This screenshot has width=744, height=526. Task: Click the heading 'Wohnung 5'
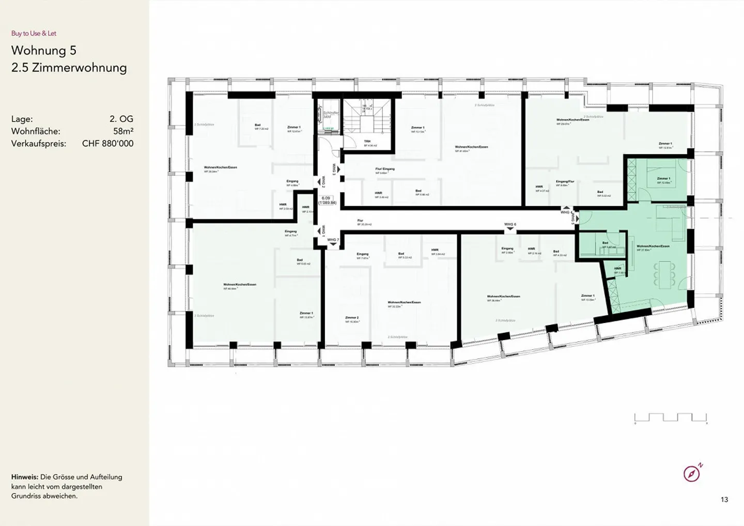tap(44, 50)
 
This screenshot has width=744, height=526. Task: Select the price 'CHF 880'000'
tap(107, 144)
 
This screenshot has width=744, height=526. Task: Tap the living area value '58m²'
tap(123, 131)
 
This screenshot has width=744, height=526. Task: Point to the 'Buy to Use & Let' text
tap(34, 34)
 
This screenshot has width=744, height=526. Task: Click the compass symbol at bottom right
tap(692, 473)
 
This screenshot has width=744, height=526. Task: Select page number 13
tap(724, 500)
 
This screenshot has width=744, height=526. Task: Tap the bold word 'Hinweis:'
tap(24, 477)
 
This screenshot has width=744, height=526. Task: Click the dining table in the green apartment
tap(664, 274)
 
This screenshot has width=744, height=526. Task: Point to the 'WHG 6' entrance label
tap(510, 224)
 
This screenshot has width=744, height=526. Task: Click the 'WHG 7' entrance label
tap(333, 240)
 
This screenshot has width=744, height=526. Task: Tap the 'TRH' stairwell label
tap(367, 141)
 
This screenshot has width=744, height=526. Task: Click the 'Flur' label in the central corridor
tap(360, 221)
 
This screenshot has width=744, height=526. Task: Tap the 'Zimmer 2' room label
tap(352, 318)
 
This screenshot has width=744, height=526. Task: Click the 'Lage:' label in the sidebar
tap(22, 119)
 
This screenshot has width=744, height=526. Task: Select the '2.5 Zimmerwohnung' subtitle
tap(69, 68)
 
